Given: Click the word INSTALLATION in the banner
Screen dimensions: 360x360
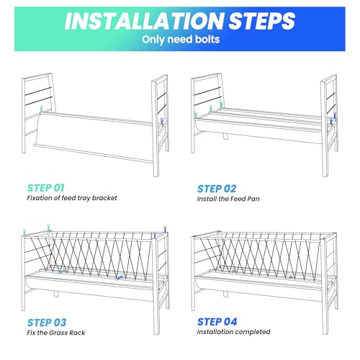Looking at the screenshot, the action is point(144,21).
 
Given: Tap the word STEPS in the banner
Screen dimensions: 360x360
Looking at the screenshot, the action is point(261,21).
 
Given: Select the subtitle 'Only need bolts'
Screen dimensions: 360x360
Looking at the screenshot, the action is point(181,40).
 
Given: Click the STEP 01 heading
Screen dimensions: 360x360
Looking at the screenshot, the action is point(46,188).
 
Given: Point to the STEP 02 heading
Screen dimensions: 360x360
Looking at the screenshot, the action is point(217,189).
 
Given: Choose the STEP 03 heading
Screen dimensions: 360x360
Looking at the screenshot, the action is point(47,323).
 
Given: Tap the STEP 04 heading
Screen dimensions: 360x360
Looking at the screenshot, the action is point(217,322).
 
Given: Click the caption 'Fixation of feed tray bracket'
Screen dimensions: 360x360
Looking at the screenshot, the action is point(72,198).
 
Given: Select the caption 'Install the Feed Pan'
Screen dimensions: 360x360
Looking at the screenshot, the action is point(228,199).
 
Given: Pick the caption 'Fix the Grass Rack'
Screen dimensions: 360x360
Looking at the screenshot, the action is point(56,333).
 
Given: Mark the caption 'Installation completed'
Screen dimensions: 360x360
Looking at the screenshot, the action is point(233,332).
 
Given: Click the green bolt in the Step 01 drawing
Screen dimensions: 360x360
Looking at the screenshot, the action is point(42,109).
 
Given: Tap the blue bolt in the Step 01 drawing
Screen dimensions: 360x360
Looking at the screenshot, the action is point(162,121).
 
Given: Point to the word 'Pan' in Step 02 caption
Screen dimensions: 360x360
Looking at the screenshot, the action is point(253,199).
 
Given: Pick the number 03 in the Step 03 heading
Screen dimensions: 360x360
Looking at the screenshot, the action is point(59,323).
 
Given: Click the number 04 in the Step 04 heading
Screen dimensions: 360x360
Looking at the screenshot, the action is point(230,322).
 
